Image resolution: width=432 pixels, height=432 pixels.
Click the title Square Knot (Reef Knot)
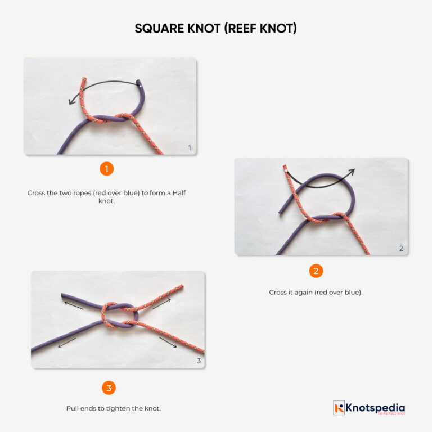click(215, 28)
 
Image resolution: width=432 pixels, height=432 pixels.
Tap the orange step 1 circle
click(106, 168)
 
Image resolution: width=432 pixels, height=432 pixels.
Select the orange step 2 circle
click(316, 271)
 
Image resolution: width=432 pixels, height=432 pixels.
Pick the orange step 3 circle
click(109, 388)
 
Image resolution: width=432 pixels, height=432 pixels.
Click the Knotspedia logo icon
click(339, 408)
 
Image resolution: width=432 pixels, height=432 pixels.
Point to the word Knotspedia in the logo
click(375, 407)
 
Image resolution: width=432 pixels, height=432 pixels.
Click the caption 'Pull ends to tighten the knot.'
click(114, 408)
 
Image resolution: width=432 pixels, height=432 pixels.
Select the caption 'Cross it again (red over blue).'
click(316, 292)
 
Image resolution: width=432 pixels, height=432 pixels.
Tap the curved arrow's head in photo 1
click(71, 102)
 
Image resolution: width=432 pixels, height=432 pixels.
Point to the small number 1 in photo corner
click(190, 148)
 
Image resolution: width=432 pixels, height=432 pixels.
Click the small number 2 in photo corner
click(401, 248)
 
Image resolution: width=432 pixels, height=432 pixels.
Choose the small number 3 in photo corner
click(199, 361)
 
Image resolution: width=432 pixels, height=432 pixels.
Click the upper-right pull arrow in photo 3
click(161, 304)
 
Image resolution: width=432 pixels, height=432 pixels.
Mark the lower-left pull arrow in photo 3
click(67, 342)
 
